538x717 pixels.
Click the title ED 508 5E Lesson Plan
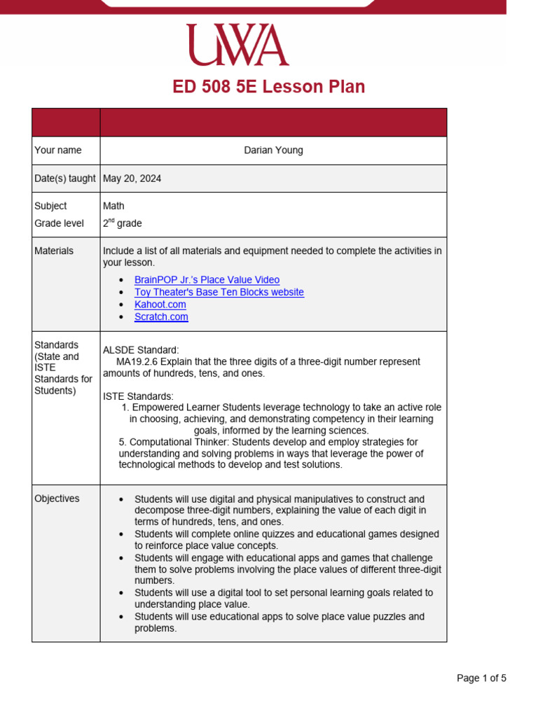coord(269,87)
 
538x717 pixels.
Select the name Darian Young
coord(273,151)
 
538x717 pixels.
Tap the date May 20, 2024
coord(132,179)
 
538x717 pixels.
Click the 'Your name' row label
coord(57,151)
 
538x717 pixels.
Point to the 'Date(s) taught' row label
coord(64,179)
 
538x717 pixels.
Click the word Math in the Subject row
coord(113,206)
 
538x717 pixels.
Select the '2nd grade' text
coord(122,223)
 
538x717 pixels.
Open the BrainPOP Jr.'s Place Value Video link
coord(207,280)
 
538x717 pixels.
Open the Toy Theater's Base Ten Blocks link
coord(219,292)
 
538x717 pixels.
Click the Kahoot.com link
coord(160,305)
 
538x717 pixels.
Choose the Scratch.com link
coord(161,316)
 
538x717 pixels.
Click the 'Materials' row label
coord(53,251)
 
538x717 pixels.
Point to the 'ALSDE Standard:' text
coord(141,349)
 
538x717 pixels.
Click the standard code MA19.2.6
coord(137,362)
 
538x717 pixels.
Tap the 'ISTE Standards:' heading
coord(138,396)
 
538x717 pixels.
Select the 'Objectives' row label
coord(57,499)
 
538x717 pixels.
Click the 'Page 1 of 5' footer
coord(481,678)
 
